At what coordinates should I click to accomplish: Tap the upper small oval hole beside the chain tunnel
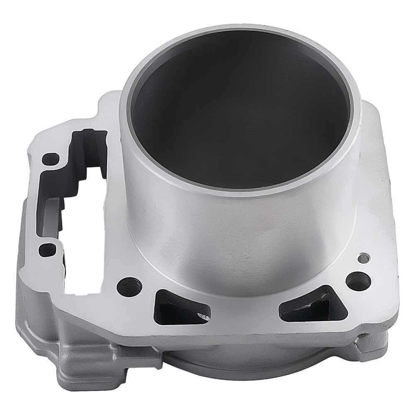[x=52, y=159]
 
